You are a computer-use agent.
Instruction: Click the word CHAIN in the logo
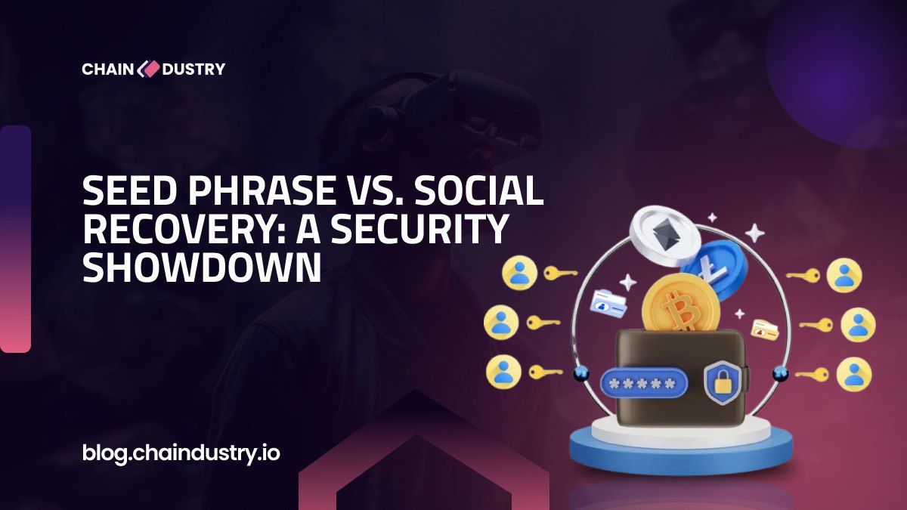[x=107, y=70]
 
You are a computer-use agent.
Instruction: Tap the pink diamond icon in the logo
[x=148, y=69]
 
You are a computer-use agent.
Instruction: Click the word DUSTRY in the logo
[x=193, y=70]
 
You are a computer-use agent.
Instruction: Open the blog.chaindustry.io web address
[x=181, y=453]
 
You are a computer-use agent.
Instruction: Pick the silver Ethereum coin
[x=664, y=235]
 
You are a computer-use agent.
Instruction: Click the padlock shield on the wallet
[x=723, y=382]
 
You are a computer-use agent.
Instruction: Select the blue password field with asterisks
[x=644, y=382]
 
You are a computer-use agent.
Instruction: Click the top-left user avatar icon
[x=519, y=273]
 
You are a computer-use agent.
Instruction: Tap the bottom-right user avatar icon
[x=854, y=374]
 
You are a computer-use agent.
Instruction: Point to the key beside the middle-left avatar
[x=543, y=323]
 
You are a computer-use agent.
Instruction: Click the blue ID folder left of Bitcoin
[x=608, y=302]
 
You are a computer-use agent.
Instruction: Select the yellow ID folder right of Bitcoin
[x=765, y=330]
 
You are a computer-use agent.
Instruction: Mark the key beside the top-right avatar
[x=803, y=276]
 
